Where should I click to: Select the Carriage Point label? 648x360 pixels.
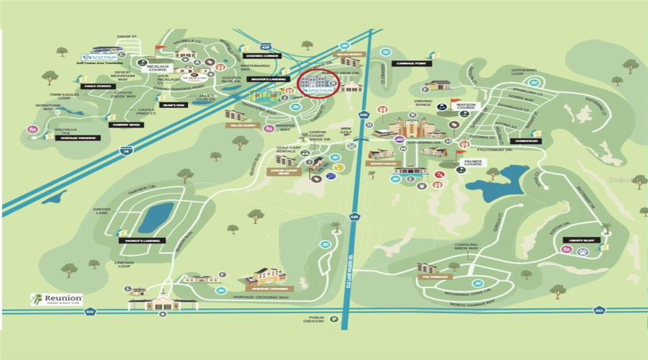click(412, 63)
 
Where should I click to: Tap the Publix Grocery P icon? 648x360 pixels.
click(334, 319)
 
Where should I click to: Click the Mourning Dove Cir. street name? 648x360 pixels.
click(476, 292)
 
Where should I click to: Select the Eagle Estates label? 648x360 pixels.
click(98, 86)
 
